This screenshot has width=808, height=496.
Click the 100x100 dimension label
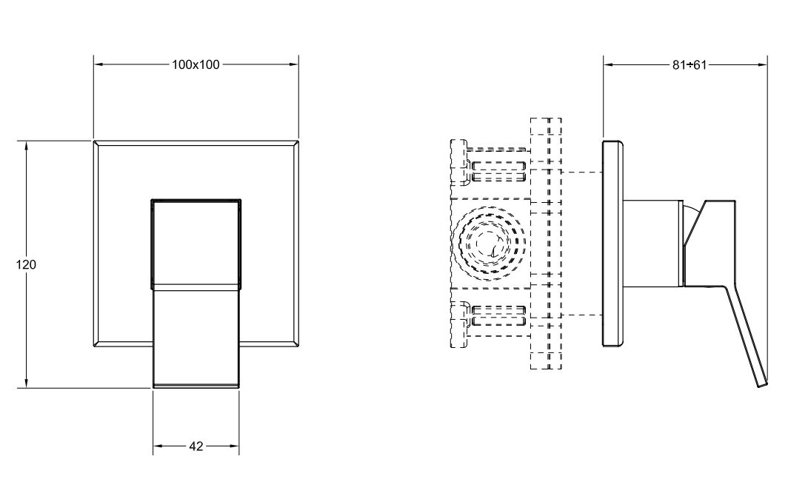pyautogui.click(x=196, y=64)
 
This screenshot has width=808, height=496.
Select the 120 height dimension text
pyautogui.click(x=26, y=264)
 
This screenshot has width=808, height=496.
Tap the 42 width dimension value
pyautogui.click(x=196, y=446)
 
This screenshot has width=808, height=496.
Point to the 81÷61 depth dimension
pyautogui.click(x=690, y=64)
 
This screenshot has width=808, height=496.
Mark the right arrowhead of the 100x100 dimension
pyautogui.click(x=293, y=64)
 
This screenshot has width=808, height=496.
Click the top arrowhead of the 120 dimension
pyautogui.click(x=26, y=146)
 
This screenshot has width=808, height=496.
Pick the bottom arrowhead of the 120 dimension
pyautogui.click(x=26, y=382)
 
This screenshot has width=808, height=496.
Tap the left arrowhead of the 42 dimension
pyautogui.click(x=158, y=446)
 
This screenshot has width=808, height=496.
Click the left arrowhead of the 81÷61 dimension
pyautogui.click(x=609, y=64)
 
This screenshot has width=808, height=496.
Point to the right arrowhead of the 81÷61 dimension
pyautogui.click(x=761, y=64)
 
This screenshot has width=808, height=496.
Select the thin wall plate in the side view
pyautogui.click(x=612, y=243)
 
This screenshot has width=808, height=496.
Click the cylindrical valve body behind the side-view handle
pyautogui.click(x=652, y=243)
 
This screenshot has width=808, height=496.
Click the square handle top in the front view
pyautogui.click(x=196, y=241)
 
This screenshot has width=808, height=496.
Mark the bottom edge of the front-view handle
pyautogui.click(x=196, y=386)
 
